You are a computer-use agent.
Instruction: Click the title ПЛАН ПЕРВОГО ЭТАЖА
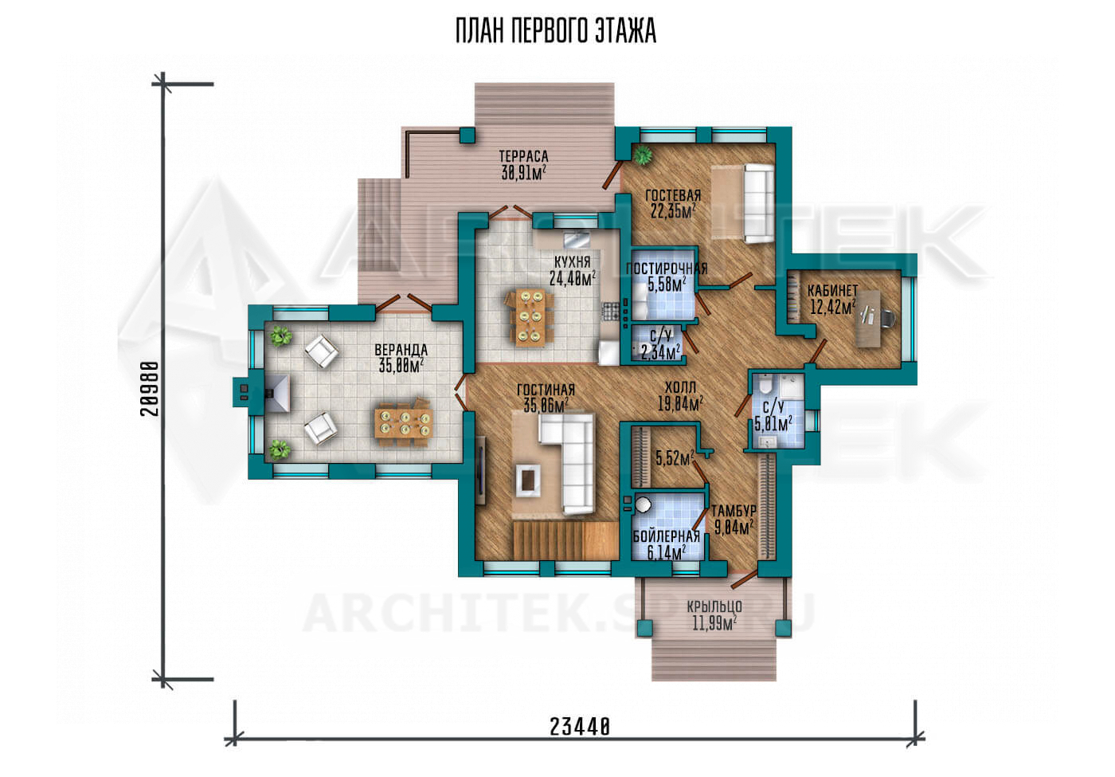[x=556, y=31]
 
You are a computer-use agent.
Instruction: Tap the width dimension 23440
[x=580, y=727]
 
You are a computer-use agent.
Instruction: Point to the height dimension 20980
[x=150, y=389]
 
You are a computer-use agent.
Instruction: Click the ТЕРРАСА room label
[x=524, y=156]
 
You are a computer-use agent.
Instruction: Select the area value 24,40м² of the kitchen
[x=573, y=278]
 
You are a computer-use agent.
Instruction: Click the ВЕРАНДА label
[x=401, y=349]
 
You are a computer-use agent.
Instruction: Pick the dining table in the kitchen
[x=529, y=317]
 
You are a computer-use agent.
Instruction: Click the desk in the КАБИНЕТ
[x=867, y=319]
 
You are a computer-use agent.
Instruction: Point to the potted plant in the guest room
[x=643, y=155]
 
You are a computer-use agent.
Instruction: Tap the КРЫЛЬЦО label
[x=714, y=606]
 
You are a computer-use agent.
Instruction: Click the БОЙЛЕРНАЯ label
[x=666, y=536]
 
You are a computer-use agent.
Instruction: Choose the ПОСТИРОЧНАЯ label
[x=666, y=269]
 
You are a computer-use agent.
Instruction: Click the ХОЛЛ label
[x=680, y=387]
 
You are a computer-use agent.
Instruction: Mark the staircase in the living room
[x=566, y=540]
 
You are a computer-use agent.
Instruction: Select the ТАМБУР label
[x=734, y=511]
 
